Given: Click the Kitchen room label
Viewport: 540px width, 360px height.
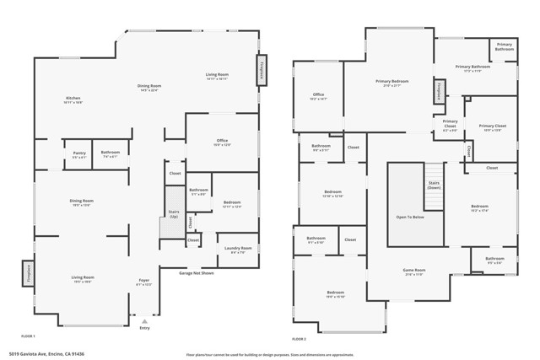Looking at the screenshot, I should pyautogui.click(x=73, y=100).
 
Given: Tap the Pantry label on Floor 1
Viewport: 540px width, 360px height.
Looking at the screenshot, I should pyautogui.click(x=78, y=154).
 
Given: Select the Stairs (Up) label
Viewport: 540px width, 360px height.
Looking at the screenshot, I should pyautogui.click(x=174, y=214).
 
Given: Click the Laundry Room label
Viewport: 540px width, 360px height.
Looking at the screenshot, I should pyautogui.click(x=238, y=250).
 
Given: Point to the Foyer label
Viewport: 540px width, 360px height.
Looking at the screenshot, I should pyautogui.click(x=144, y=282).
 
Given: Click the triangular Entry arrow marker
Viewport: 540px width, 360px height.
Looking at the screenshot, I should pyautogui.click(x=144, y=321).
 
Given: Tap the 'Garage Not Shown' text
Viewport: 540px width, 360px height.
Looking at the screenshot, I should pyautogui.click(x=196, y=273).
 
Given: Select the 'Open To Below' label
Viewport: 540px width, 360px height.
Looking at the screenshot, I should pyautogui.click(x=410, y=217).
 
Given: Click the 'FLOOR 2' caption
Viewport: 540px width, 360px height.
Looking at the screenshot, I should pyautogui.click(x=300, y=337).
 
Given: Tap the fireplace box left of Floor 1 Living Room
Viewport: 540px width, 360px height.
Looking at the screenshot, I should pyautogui.click(x=27, y=275).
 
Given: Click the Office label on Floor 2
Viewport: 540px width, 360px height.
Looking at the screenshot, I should pyautogui.click(x=318, y=96).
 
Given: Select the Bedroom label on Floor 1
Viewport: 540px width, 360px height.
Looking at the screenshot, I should pyautogui.click(x=232, y=204).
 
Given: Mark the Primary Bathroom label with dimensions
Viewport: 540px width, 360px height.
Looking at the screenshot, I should pyautogui.click(x=473, y=68).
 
